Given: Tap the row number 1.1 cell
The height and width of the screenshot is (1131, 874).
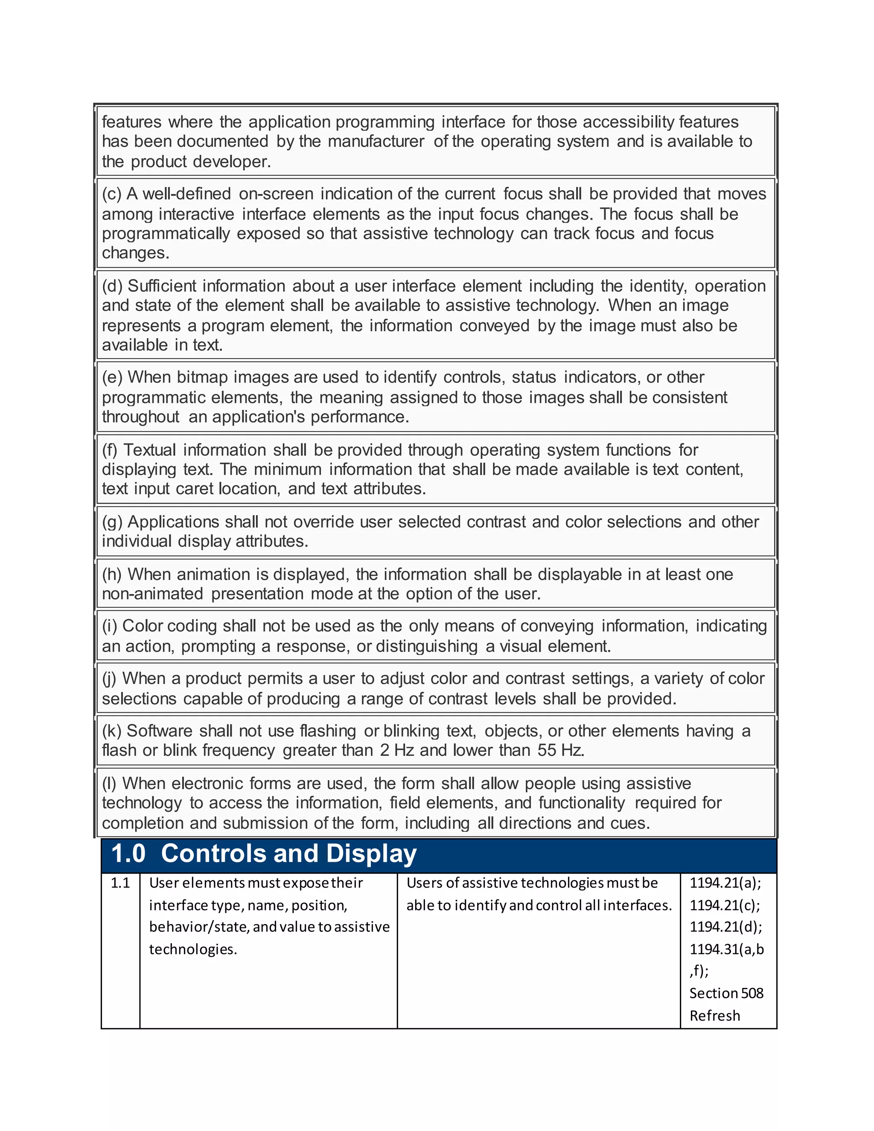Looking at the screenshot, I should (x=120, y=883).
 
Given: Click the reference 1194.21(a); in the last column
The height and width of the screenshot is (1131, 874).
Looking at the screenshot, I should (x=725, y=883).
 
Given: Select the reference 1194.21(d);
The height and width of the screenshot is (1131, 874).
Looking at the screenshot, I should (x=725, y=927).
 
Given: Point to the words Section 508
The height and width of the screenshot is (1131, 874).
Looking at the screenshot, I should (x=726, y=993).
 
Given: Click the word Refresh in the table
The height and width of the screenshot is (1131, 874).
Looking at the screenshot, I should (x=714, y=1015).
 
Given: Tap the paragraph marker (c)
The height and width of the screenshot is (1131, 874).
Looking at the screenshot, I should (x=111, y=194).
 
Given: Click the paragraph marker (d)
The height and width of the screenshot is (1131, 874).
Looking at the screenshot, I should (x=112, y=286).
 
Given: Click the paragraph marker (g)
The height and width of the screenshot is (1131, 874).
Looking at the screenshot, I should (x=112, y=522).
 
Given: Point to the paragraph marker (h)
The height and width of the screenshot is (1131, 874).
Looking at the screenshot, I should (x=112, y=575).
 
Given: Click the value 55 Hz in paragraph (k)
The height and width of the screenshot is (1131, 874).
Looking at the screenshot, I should (x=561, y=750).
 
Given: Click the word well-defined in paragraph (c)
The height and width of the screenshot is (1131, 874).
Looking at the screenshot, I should (x=186, y=194).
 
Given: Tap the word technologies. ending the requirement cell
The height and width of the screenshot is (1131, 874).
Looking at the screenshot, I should (x=193, y=949).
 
